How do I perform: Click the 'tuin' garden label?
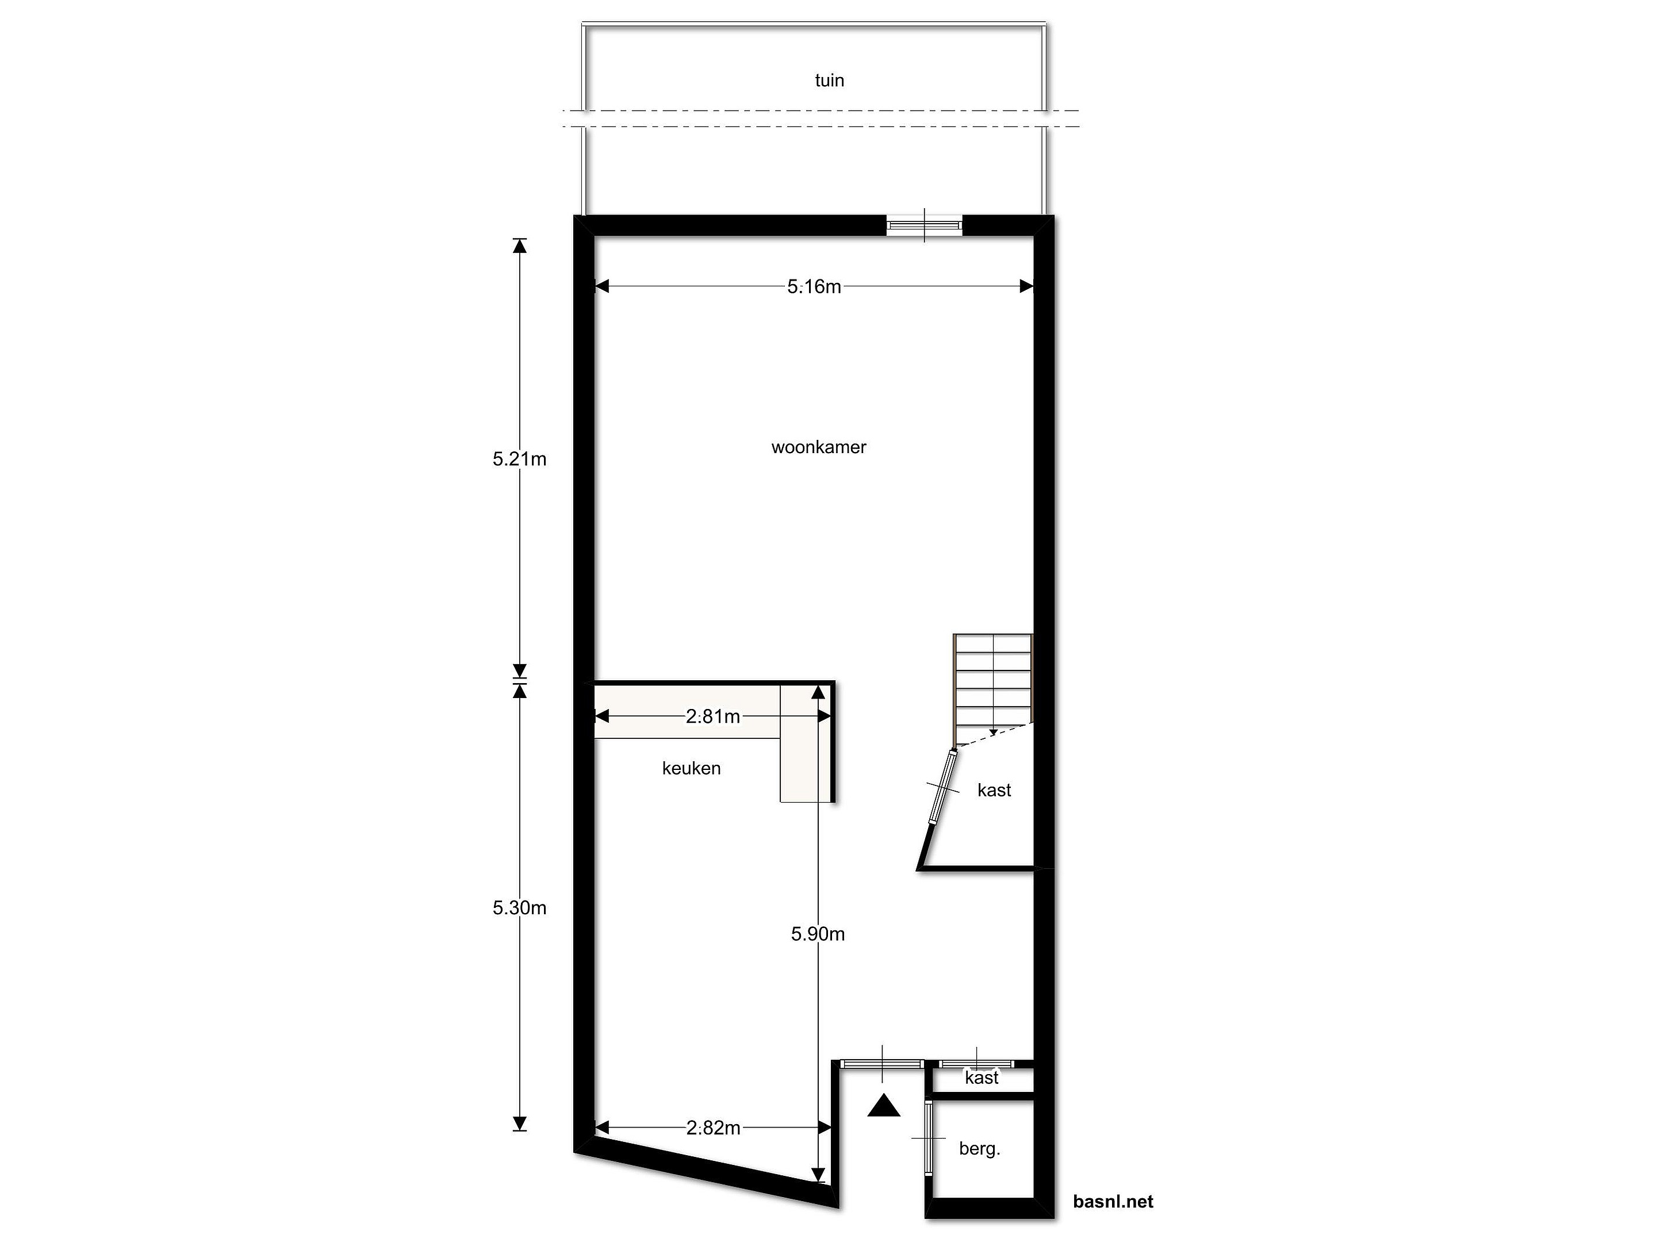(830, 80)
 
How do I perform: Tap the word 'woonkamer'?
(818, 447)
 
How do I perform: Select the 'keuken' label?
(691, 768)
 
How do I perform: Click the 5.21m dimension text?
(520, 459)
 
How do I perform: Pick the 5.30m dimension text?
(520, 907)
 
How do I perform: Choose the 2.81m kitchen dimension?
(712, 716)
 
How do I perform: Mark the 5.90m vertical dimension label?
(818, 934)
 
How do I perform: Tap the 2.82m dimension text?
(714, 1128)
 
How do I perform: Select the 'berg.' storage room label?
(979, 1148)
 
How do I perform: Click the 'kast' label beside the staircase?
(994, 790)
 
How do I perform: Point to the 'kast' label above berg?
(982, 1078)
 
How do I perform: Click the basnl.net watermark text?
(1113, 1202)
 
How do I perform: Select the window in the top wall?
(924, 225)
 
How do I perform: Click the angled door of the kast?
(942, 787)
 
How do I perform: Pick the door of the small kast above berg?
(976, 1064)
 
